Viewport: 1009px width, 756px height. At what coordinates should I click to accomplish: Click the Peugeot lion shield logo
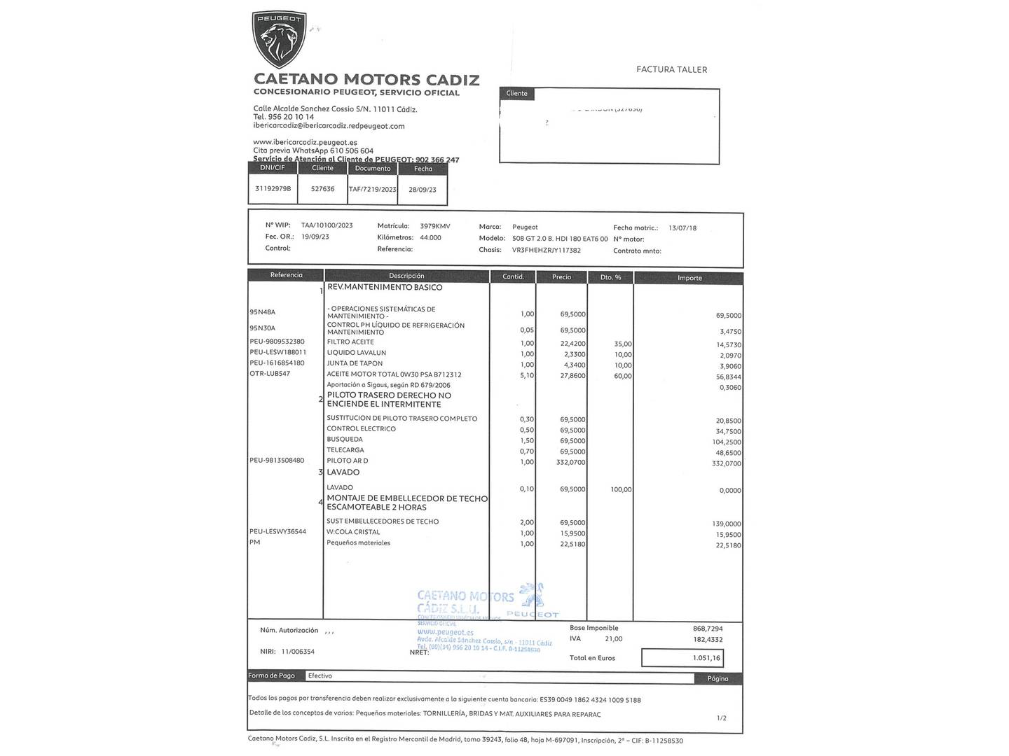tap(279, 39)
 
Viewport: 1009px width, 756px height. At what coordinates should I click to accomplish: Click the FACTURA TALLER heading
tap(671, 69)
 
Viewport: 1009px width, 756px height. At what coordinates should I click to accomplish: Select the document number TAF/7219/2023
tap(373, 190)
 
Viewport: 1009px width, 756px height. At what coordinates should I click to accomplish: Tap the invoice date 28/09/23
tap(423, 190)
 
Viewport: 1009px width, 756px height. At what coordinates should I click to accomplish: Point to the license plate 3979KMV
tap(434, 226)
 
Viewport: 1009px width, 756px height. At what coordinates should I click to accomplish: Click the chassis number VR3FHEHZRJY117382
tap(547, 250)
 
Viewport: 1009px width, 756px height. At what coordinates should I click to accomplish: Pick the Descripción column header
tap(406, 276)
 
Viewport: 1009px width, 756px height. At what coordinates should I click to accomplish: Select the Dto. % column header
tap(611, 277)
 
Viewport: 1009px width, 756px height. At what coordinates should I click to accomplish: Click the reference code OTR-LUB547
tap(270, 374)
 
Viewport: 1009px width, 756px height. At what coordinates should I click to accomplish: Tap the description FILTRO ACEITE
tap(350, 342)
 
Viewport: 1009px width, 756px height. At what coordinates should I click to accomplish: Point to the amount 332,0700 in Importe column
tap(726, 463)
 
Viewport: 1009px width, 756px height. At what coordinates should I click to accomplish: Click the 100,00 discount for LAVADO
tap(621, 490)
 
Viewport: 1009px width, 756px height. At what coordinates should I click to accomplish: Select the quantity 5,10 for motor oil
tap(527, 375)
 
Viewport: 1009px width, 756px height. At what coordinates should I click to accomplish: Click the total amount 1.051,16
tap(706, 658)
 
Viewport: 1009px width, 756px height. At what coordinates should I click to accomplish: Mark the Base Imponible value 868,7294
tap(708, 629)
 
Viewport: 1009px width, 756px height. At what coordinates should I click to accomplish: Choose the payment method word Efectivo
tap(320, 675)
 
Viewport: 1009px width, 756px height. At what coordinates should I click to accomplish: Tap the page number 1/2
tap(722, 718)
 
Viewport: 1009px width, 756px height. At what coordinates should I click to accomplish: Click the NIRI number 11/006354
tap(298, 652)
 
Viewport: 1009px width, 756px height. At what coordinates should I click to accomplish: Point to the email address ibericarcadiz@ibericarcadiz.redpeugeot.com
tap(329, 126)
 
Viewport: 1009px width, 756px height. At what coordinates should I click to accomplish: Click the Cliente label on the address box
tap(517, 93)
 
